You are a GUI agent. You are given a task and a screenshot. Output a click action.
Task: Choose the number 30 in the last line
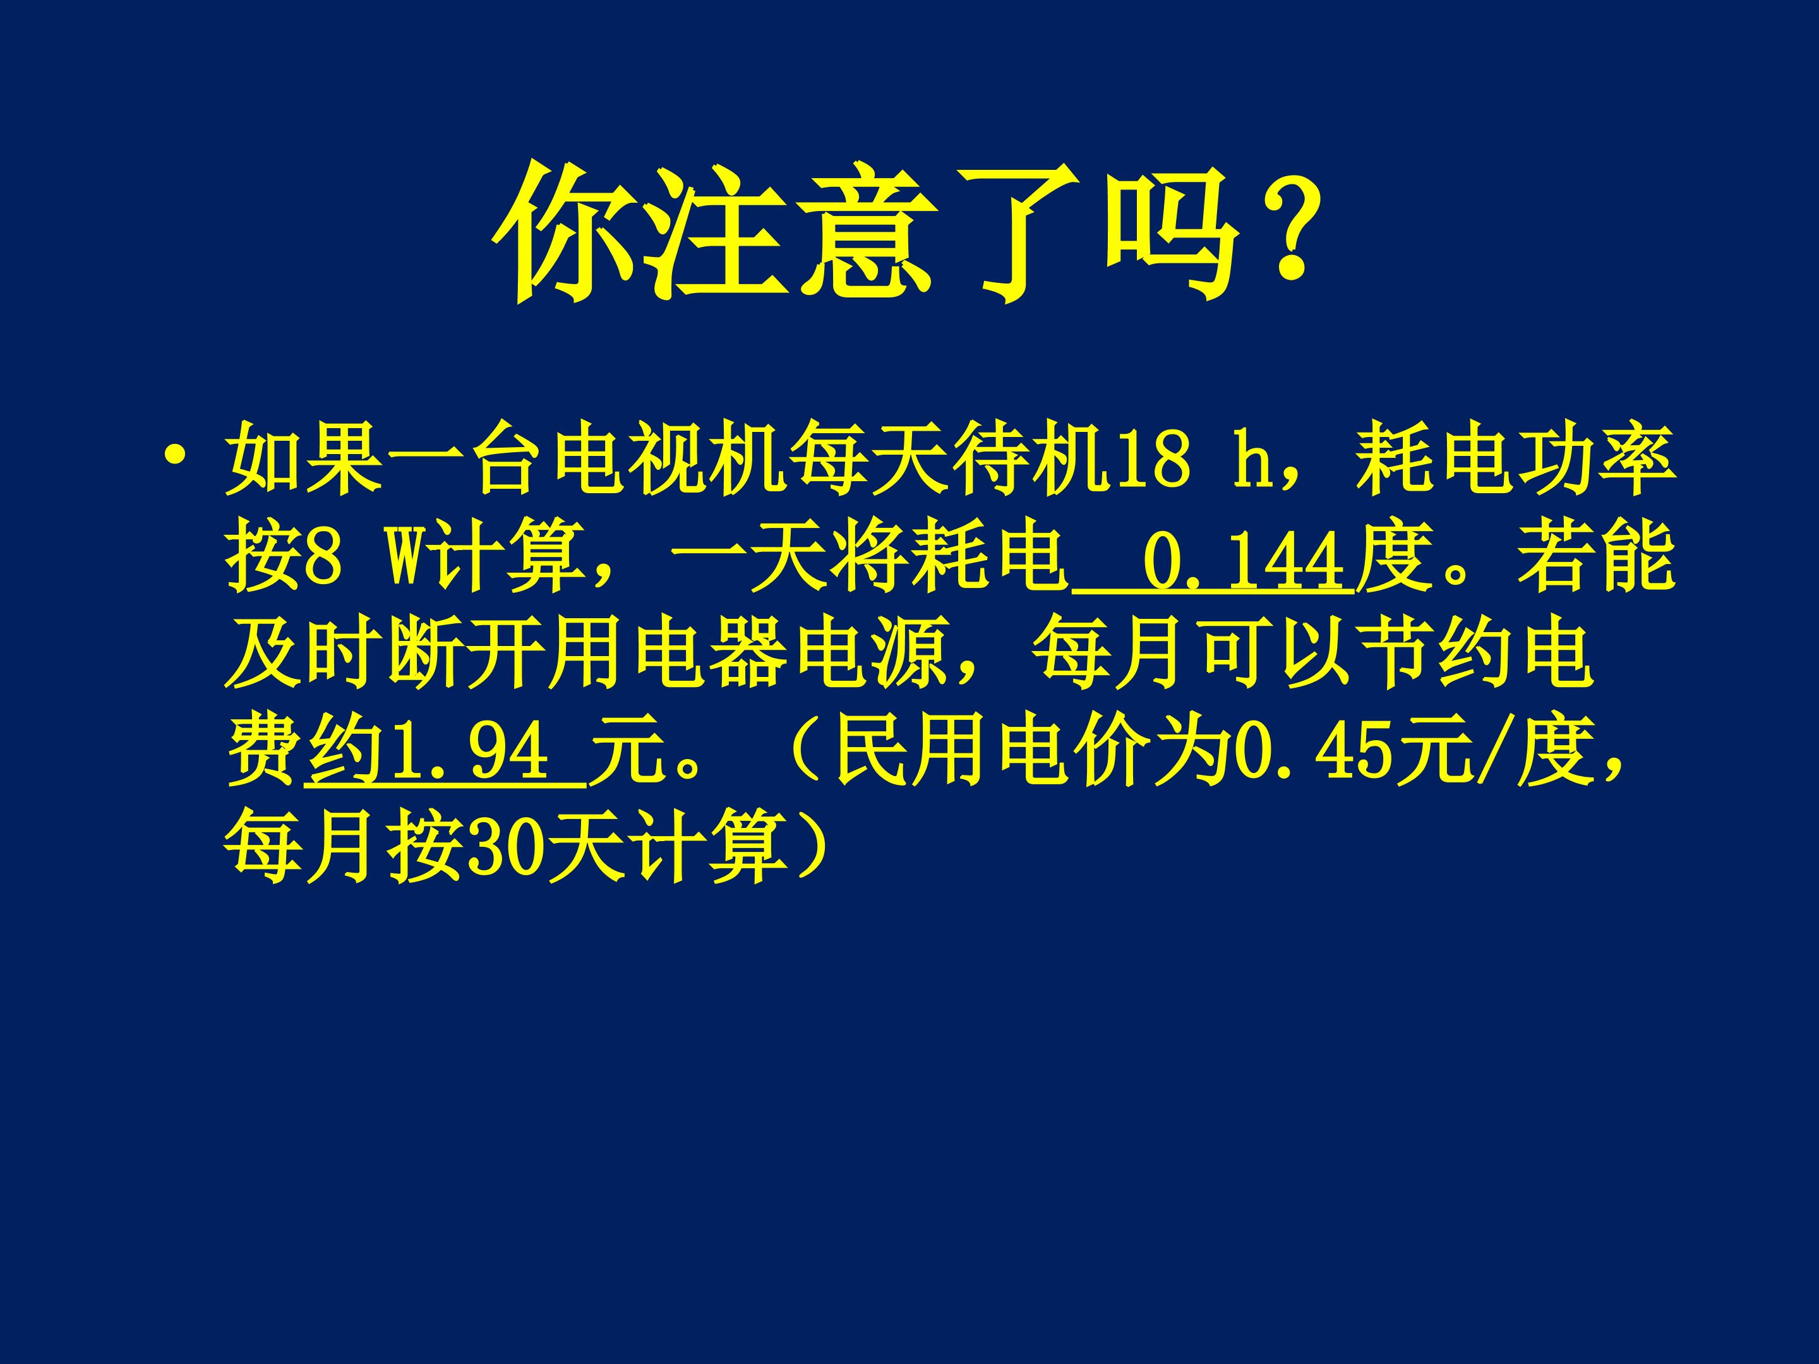[501, 847]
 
